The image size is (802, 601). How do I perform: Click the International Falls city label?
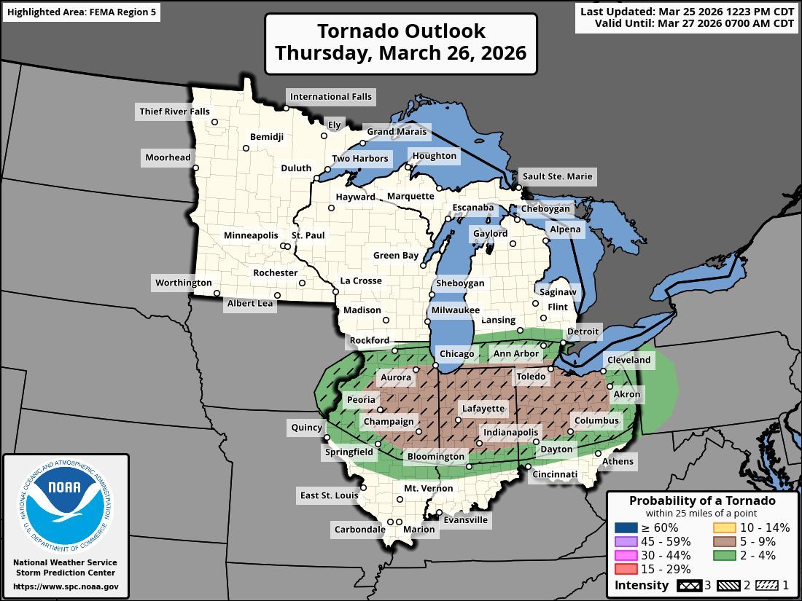pyautogui.click(x=330, y=96)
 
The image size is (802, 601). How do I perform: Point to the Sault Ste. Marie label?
pyautogui.click(x=557, y=176)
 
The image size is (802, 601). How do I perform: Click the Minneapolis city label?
pyautogui.click(x=251, y=235)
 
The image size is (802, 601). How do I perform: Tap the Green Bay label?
pyautogui.click(x=396, y=256)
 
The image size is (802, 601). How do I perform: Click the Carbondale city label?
pyautogui.click(x=359, y=530)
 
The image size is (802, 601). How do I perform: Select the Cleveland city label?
pyautogui.click(x=628, y=360)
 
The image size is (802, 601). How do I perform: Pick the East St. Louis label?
pyautogui.click(x=329, y=495)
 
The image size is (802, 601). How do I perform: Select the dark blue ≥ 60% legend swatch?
pyautogui.click(x=625, y=528)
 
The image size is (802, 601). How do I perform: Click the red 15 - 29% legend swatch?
pyautogui.click(x=625, y=569)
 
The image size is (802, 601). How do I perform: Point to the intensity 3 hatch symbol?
pyautogui.click(x=688, y=585)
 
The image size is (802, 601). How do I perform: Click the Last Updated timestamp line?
pyautogui.click(x=687, y=12)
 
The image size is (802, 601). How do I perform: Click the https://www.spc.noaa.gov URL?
pyautogui.click(x=66, y=586)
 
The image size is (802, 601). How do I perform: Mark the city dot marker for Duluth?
pyautogui.click(x=316, y=178)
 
